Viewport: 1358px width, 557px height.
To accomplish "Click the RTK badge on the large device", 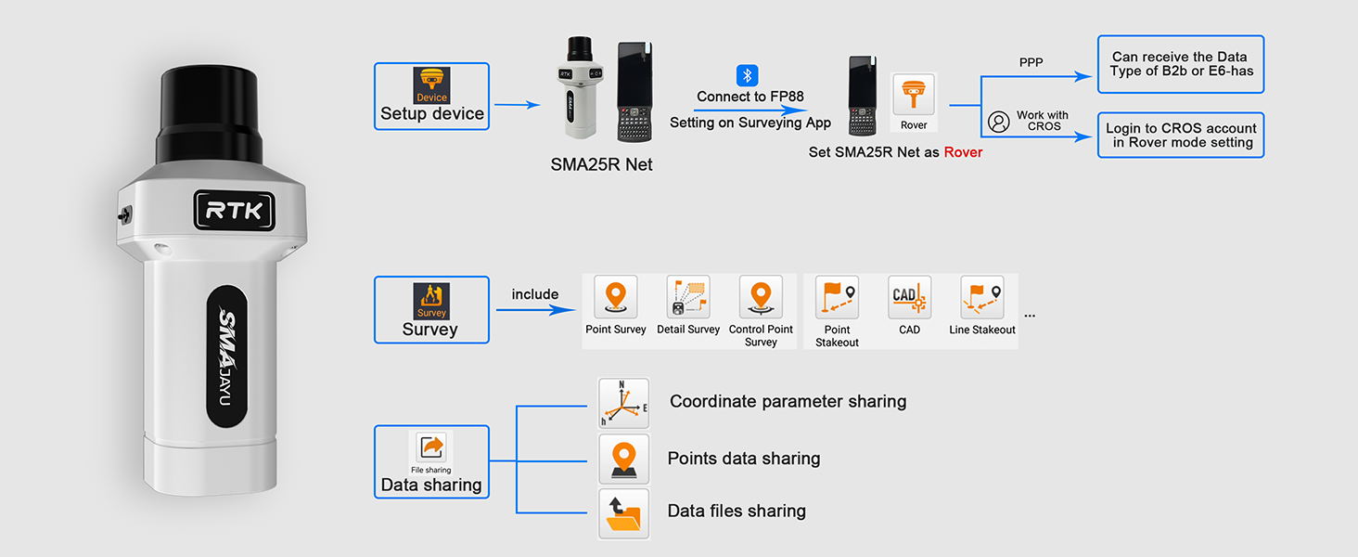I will [234, 211].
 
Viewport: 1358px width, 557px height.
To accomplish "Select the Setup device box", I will [431, 97].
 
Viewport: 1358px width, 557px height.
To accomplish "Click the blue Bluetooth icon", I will [748, 75].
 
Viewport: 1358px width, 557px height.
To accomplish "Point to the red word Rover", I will [963, 152].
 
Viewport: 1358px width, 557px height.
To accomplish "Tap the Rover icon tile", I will [914, 101].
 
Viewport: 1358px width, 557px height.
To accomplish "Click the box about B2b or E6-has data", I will [1180, 64].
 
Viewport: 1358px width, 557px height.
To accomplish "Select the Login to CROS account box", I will [1180, 136].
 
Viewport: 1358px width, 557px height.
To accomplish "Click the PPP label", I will [1031, 63].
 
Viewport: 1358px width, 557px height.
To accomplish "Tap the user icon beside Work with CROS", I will [998, 122].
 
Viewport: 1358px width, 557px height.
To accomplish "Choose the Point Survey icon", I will [616, 297].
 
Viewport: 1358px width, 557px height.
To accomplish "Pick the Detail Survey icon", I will [688, 297].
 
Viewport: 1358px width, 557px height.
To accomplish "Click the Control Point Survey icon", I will [761, 297].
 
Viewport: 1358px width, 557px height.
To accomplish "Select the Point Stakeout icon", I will [837, 297].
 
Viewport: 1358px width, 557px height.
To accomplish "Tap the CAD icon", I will [909, 297].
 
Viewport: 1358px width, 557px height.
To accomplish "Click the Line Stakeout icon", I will [982, 297].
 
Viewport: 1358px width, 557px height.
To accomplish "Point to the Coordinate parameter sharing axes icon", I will [623, 403].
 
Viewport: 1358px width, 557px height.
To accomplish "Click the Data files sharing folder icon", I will [623, 513].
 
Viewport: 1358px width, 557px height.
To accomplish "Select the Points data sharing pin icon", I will [623, 459].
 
